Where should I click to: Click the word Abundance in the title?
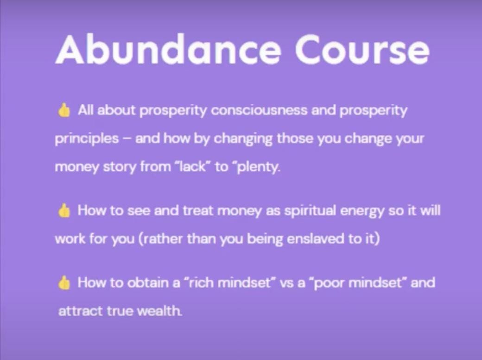(168, 49)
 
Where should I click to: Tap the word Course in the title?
(362, 49)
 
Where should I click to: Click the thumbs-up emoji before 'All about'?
(64, 110)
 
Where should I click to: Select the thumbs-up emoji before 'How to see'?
(64, 211)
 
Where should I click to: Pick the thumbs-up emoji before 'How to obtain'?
(64, 283)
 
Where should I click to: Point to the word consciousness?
(259, 110)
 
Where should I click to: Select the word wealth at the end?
(159, 311)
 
